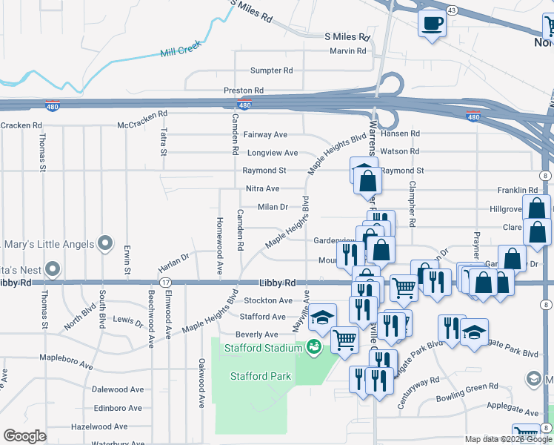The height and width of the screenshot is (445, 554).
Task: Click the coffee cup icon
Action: pos(432,22)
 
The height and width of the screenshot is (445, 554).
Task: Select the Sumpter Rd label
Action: pos(272,70)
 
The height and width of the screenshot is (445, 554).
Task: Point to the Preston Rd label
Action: pos(244,90)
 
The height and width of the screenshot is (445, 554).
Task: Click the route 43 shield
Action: pos(451,10)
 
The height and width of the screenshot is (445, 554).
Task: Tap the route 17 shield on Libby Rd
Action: pos(165,283)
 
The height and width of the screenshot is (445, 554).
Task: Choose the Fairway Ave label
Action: pos(266,135)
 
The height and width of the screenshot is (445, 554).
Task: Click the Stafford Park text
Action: pos(260,376)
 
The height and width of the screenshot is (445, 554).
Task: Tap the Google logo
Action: pos(24,435)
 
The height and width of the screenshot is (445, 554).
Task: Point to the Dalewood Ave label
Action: pos(118,389)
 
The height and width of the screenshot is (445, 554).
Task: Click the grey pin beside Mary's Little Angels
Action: pos(105,243)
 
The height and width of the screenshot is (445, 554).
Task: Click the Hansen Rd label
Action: pos(401,133)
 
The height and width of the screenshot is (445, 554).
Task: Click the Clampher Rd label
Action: pos(413,205)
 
